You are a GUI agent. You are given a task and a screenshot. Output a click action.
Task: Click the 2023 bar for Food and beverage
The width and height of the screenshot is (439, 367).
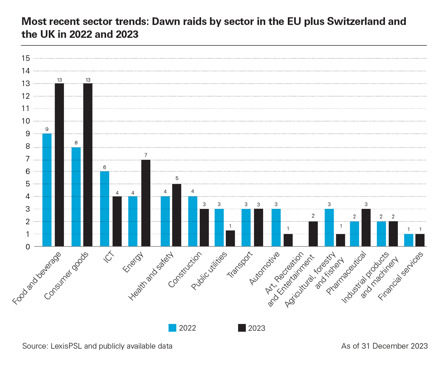click(59, 164)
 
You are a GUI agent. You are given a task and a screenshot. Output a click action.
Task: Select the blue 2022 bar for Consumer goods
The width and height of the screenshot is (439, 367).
click(76, 197)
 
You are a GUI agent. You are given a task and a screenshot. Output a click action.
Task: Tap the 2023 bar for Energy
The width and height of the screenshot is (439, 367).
click(146, 203)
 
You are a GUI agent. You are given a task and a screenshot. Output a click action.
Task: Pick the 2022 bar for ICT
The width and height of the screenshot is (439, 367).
click(105, 209)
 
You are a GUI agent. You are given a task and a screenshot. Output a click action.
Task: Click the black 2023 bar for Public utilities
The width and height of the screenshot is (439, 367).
click(230, 238)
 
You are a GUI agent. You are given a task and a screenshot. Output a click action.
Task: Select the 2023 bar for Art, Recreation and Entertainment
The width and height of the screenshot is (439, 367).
click(313, 234)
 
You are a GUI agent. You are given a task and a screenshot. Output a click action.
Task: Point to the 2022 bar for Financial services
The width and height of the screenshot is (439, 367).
click(409, 240)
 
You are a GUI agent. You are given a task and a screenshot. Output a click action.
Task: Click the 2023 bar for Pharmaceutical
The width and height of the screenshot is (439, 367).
click(366, 227)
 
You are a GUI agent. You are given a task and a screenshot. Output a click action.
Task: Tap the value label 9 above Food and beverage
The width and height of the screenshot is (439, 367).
click(47, 129)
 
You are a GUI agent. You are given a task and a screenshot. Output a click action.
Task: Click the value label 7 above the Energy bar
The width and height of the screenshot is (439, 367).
click(146, 155)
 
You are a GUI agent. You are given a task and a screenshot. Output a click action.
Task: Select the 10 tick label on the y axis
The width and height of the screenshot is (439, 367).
click(26, 121)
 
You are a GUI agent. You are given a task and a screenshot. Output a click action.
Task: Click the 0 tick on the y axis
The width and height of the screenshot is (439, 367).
click(28, 247)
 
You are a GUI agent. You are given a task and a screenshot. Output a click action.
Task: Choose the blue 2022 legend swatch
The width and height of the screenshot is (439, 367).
click(172, 328)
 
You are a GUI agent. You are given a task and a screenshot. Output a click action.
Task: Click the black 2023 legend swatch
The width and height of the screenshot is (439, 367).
click(242, 328)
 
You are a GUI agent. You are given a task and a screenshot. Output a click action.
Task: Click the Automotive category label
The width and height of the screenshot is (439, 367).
click(264, 268)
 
